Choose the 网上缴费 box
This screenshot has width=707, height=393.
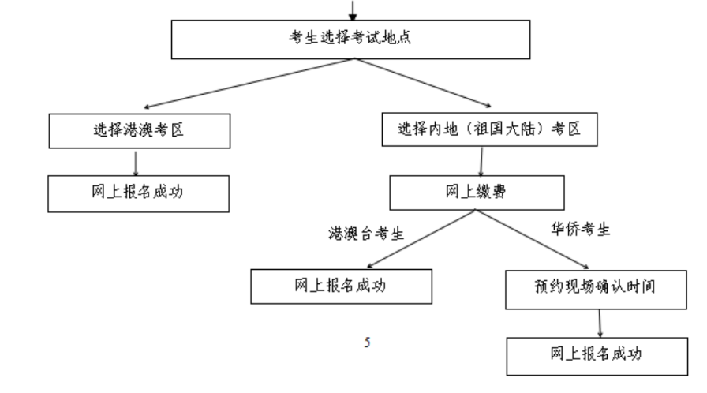pyautogui.click(x=476, y=193)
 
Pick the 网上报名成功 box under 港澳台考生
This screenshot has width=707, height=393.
pyautogui.click(x=341, y=286)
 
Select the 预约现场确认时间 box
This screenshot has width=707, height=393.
pyautogui.click(x=594, y=288)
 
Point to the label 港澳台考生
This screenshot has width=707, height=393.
pyautogui.click(x=367, y=234)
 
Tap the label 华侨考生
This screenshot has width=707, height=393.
pyautogui.click(x=581, y=230)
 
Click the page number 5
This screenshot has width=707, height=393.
pyautogui.click(x=366, y=342)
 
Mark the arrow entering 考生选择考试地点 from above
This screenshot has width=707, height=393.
pyautogui.click(x=353, y=9)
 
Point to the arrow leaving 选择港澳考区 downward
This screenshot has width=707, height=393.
pyautogui.click(x=137, y=162)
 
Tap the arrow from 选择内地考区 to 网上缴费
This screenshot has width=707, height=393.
pyautogui.click(x=481, y=161)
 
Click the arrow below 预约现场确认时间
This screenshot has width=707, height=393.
pyautogui.click(x=600, y=322)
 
